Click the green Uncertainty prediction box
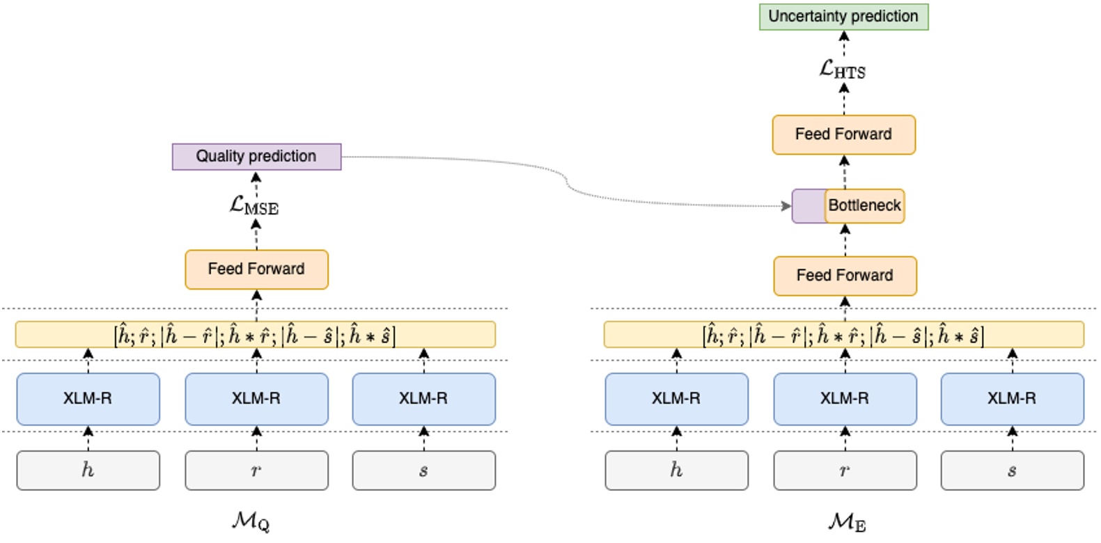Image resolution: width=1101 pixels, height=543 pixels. pyautogui.click(x=843, y=17)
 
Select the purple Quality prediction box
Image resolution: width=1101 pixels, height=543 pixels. pyautogui.click(x=256, y=157)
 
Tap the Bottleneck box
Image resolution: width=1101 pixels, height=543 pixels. pyautogui.click(x=864, y=206)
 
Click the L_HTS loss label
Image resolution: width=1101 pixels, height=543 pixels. pyautogui.click(x=843, y=70)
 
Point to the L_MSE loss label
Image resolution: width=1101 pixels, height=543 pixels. pyautogui.click(x=254, y=206)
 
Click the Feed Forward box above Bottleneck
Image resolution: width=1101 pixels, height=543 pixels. pyautogui.click(x=843, y=134)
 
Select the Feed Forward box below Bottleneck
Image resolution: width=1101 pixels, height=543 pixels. pyautogui.click(x=845, y=276)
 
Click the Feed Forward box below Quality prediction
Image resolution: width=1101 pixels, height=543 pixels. pyautogui.click(x=256, y=269)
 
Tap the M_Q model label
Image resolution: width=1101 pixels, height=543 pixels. pyautogui.click(x=251, y=521)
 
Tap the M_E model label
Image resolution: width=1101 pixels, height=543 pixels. pyautogui.click(x=847, y=521)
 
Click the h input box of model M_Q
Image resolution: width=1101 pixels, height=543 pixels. pyautogui.click(x=88, y=471)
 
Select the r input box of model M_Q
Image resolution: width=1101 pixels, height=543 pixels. pyautogui.click(x=256, y=471)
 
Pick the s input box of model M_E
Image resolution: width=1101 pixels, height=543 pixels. pyautogui.click(x=1012, y=471)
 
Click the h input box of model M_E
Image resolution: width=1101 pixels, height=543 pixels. pyautogui.click(x=676, y=471)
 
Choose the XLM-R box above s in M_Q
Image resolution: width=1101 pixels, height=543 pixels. pyautogui.click(x=423, y=399)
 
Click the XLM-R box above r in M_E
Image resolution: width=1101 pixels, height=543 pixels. pyautogui.click(x=845, y=399)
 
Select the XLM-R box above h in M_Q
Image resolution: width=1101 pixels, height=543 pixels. pyautogui.click(x=88, y=399)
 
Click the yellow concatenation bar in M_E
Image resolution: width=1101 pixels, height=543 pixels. pyautogui.click(x=843, y=335)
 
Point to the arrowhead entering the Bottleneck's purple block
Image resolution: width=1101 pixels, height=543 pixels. pyautogui.click(x=787, y=206)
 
